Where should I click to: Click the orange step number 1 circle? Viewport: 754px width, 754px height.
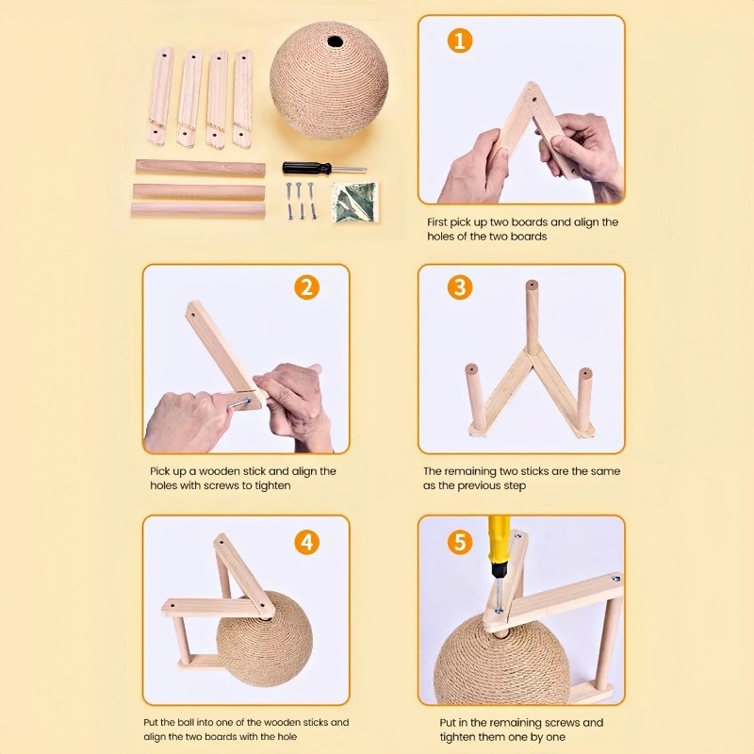(459, 41)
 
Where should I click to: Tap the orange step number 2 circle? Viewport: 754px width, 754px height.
(307, 287)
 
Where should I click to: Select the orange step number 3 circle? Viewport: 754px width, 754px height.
(460, 287)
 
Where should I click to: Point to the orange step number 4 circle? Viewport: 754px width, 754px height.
(307, 543)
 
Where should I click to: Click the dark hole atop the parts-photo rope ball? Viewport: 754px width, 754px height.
(336, 41)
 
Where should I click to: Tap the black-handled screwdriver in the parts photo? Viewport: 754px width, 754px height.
(324, 169)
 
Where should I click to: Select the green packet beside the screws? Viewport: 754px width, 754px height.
(355, 202)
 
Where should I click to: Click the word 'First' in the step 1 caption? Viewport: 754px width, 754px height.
(437, 222)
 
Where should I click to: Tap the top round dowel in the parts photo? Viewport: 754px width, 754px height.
(200, 169)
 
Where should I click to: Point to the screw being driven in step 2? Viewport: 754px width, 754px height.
(240, 403)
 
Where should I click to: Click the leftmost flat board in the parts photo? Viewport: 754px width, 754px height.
(160, 96)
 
